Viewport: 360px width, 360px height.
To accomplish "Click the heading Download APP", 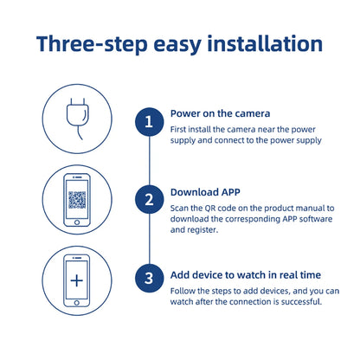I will pyautogui.click(x=204, y=192).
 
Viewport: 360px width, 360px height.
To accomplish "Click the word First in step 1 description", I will pyautogui.click(x=180, y=128).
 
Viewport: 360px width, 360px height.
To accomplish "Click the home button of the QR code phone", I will pyautogui.click(x=78, y=222).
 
